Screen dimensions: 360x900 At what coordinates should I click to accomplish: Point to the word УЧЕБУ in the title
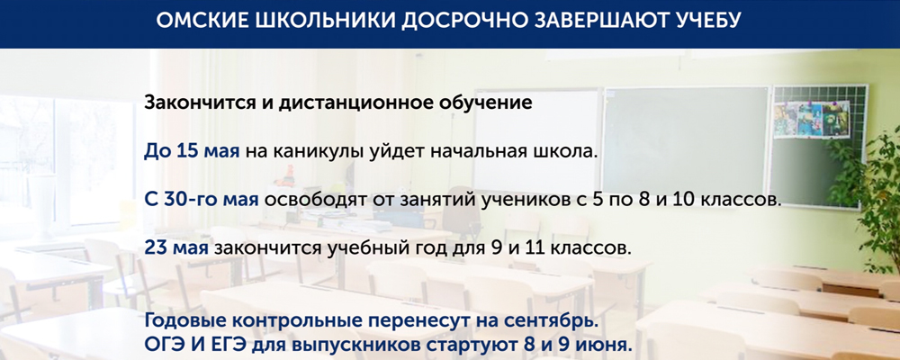pos(709,22)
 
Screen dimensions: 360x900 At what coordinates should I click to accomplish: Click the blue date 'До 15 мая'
pos(192,150)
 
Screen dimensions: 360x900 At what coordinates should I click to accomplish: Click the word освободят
pos(310,199)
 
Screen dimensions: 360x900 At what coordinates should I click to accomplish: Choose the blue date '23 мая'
pos(176,247)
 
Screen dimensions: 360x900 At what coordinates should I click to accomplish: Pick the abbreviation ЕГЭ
pos(231,345)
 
